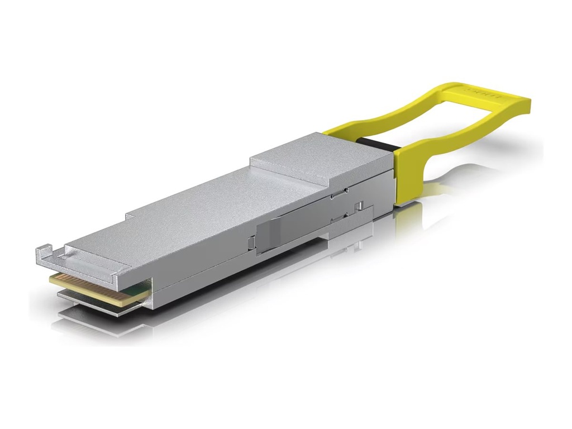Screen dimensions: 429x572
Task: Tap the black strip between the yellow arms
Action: click(380, 144)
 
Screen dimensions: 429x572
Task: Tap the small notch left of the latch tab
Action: click(251, 241)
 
